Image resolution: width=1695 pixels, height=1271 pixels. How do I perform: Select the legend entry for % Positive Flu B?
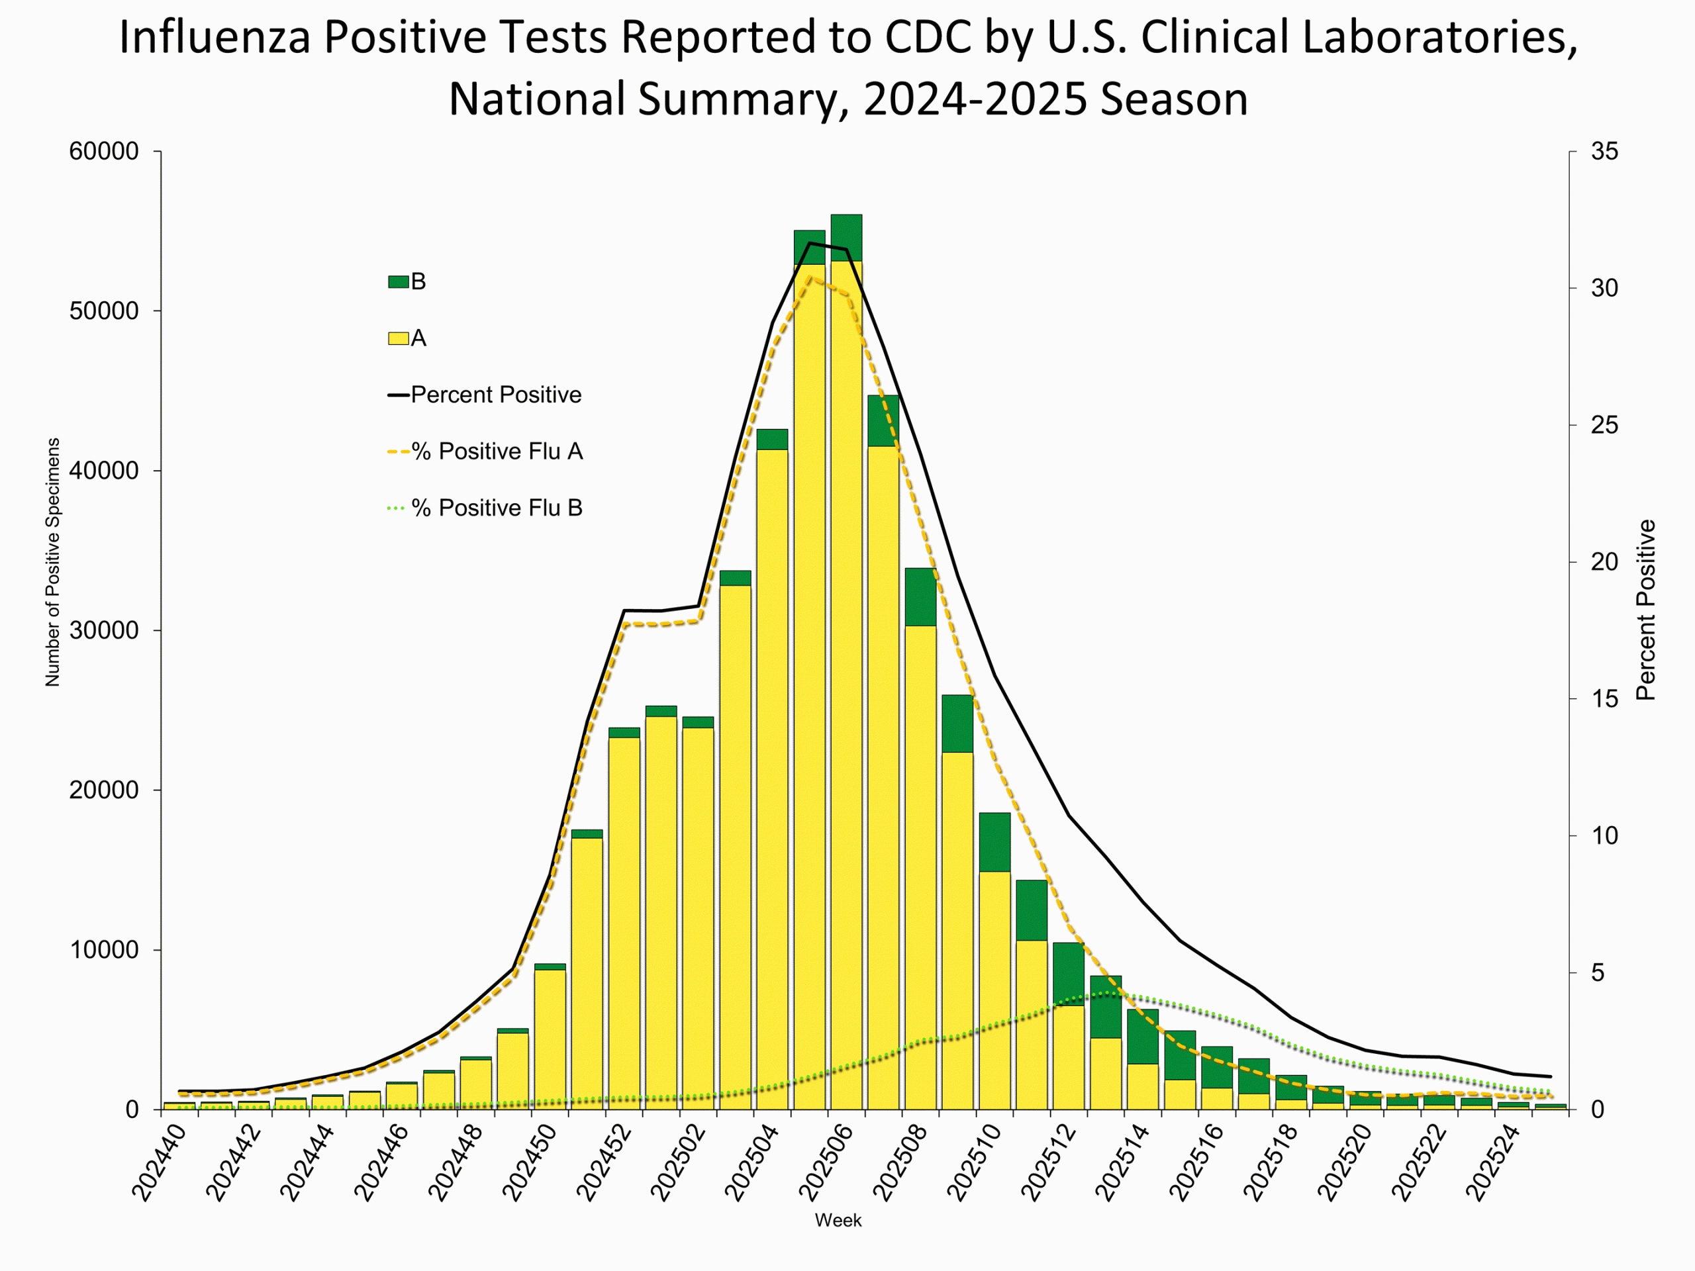click(497, 508)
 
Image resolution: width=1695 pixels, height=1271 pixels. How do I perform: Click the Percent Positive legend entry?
click(495, 395)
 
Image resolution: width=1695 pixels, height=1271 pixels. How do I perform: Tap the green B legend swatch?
click(398, 282)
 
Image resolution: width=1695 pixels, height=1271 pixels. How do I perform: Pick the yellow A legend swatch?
click(398, 339)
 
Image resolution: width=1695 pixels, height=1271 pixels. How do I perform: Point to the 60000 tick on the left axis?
click(103, 152)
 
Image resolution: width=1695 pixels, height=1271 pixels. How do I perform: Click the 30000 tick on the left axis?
click(103, 630)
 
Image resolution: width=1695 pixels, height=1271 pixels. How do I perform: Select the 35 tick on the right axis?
click(1604, 152)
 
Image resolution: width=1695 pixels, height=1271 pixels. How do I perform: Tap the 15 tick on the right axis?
click(1604, 698)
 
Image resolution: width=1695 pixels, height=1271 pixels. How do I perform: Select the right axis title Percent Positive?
click(1645, 610)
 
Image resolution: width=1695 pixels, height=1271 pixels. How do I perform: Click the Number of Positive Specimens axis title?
click(52, 562)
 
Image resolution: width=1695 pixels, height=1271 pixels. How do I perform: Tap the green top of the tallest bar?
click(846, 238)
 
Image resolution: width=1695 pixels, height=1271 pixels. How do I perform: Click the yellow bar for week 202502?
click(698, 919)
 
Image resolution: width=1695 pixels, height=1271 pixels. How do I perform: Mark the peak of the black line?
click(809, 243)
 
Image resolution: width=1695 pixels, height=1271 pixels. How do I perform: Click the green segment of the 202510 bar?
click(994, 842)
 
